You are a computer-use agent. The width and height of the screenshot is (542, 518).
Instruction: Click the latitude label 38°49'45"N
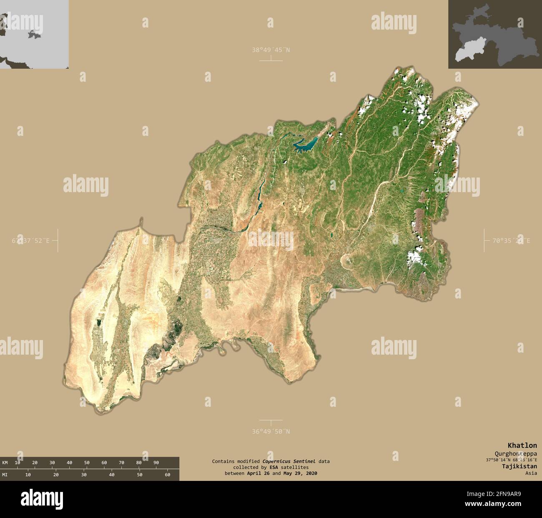(271, 50)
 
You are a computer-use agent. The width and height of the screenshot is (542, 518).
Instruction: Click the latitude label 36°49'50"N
(271, 431)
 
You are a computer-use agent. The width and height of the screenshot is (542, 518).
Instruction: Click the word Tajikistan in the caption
(519, 466)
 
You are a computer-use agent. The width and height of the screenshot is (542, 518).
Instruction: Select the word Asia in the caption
(531, 473)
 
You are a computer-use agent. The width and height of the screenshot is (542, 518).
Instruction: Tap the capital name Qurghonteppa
(516, 453)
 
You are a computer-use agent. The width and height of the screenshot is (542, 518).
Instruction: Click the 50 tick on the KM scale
(87, 463)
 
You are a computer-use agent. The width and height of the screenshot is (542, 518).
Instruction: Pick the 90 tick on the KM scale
(156, 463)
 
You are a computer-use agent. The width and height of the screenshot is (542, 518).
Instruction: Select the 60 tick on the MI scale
(168, 475)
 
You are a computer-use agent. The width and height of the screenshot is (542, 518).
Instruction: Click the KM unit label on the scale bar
(5, 463)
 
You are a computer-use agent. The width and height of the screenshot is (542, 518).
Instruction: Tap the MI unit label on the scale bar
(5, 475)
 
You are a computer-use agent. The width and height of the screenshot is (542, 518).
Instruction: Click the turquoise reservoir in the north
(306, 144)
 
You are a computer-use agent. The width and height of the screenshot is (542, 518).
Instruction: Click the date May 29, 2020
(299, 473)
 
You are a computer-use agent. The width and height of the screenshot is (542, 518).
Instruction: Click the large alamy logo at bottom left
(42, 498)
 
